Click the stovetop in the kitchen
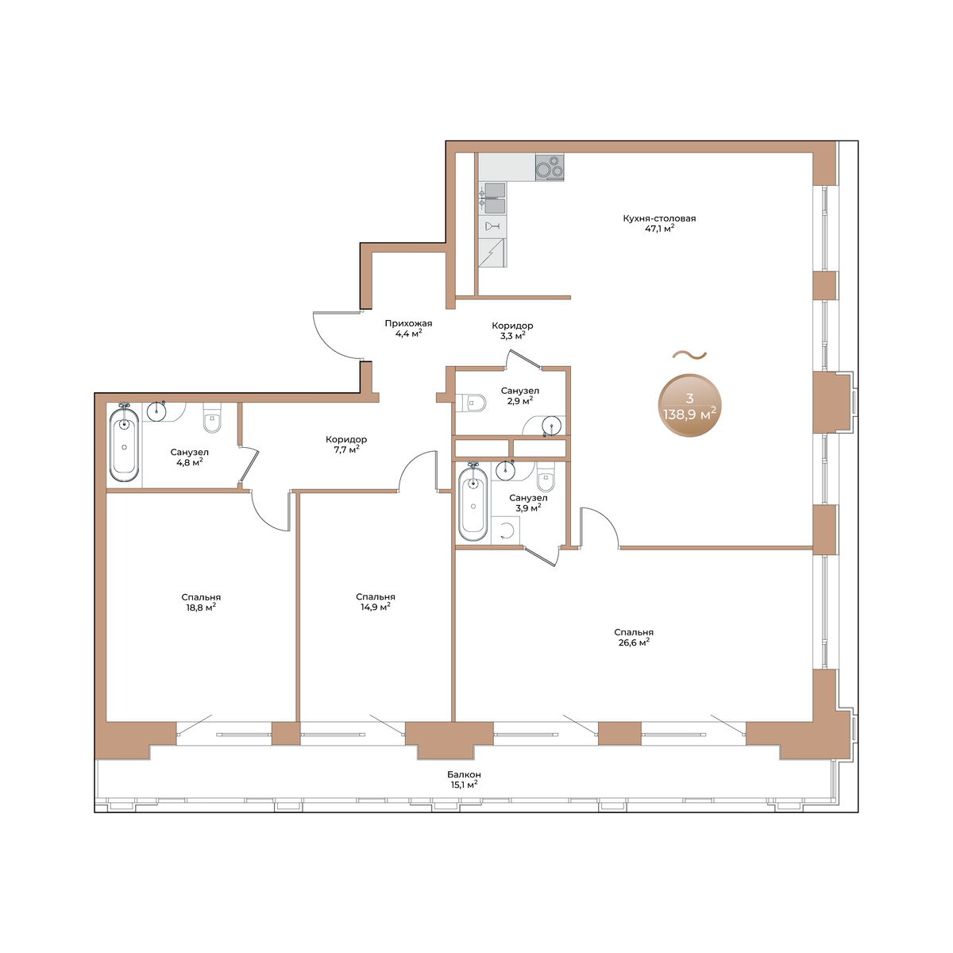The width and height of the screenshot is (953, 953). tap(549, 167)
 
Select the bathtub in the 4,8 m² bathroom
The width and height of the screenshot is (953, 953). tap(124, 443)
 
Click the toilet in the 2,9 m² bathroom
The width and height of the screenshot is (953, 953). tap(471, 403)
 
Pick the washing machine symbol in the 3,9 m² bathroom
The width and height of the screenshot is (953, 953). tap(505, 531)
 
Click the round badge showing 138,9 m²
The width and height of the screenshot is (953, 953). tap(689, 406)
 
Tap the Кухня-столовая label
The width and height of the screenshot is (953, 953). tap(659, 218)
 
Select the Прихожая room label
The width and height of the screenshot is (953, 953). tap(408, 323)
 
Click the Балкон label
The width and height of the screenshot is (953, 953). tap(464, 774)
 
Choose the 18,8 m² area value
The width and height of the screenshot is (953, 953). tap(201, 608)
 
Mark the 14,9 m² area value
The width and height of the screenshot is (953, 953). tap(376, 608)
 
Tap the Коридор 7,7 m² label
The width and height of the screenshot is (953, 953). tap(346, 445)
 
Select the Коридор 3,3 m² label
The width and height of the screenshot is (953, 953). tap(512, 331)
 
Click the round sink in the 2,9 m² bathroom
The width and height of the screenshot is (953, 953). tap(551, 426)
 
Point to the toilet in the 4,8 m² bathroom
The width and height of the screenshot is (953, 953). tap(212, 419)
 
